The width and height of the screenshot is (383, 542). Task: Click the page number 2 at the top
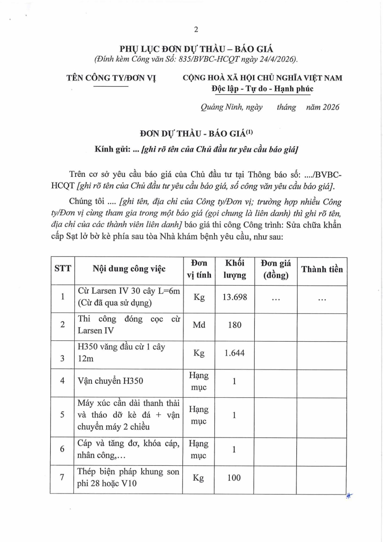[x=196, y=30]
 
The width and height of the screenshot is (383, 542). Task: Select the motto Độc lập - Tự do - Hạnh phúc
[x=262, y=89]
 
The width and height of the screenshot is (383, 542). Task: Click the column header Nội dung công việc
[x=129, y=269]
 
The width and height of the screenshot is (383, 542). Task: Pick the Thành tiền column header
[x=322, y=269]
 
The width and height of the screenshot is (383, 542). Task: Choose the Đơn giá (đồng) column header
[x=276, y=269]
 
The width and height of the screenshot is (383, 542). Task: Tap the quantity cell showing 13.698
[x=235, y=298]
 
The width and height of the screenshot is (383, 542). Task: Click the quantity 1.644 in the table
[x=235, y=353]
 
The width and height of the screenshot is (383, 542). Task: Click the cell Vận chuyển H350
[x=110, y=382]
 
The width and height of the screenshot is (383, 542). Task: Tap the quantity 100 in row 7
[x=235, y=478]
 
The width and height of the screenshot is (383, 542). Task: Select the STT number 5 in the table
[x=62, y=415]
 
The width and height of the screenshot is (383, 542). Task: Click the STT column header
[x=62, y=269]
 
